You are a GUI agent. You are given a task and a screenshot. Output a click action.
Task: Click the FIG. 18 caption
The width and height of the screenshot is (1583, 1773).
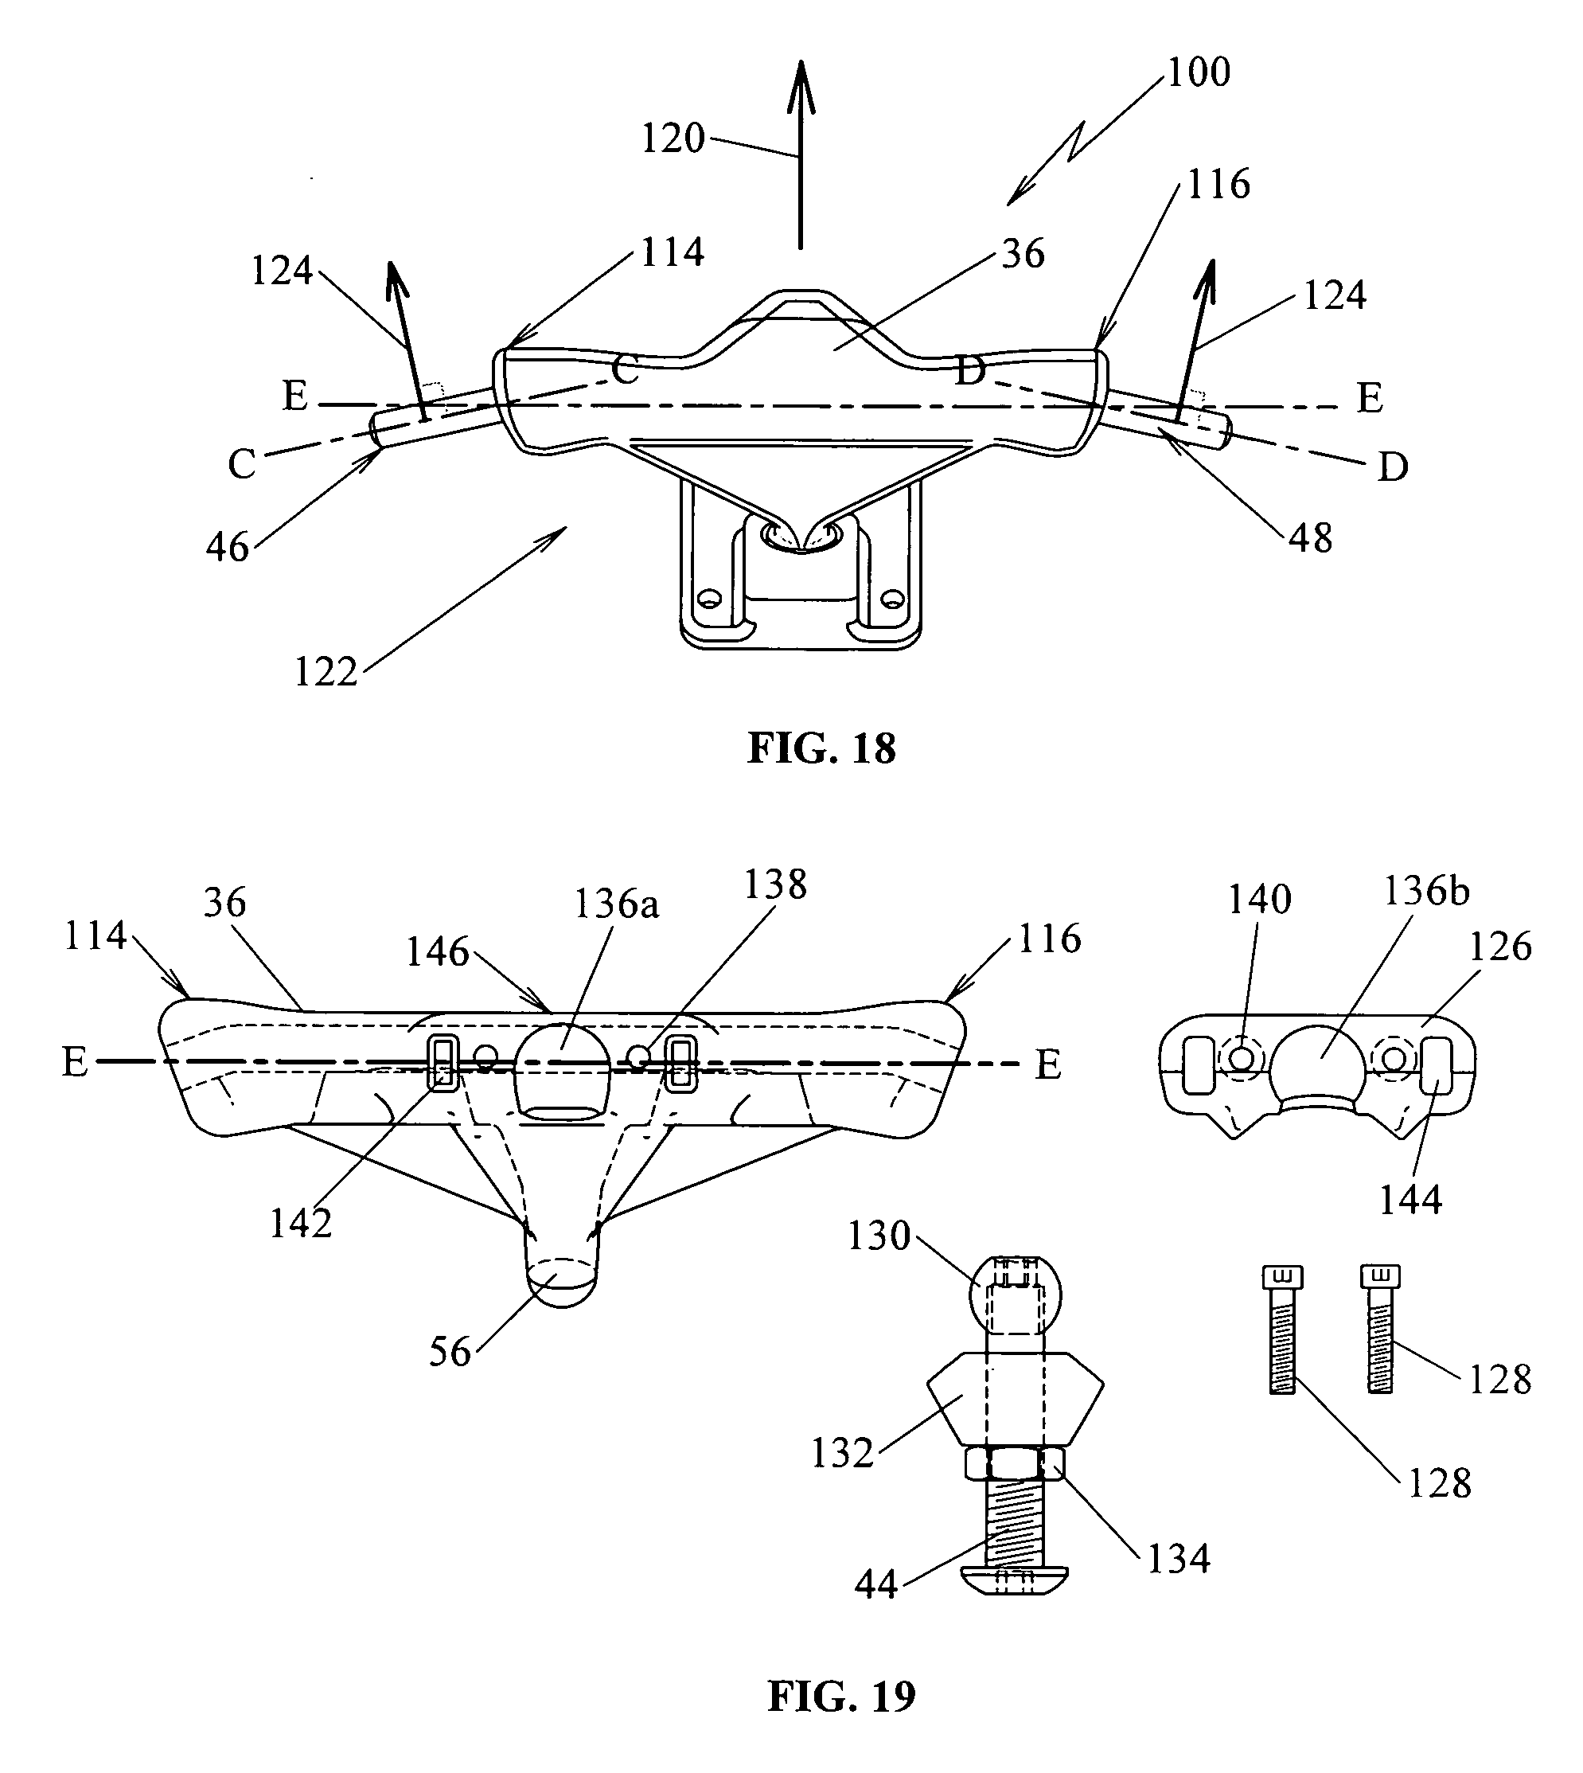(x=821, y=749)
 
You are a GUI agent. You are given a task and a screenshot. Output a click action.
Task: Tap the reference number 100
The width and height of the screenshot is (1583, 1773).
(x=1198, y=73)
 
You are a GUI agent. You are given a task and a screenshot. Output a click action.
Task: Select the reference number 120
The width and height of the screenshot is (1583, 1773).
(x=673, y=139)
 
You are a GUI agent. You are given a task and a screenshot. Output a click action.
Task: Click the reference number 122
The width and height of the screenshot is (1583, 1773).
(x=326, y=673)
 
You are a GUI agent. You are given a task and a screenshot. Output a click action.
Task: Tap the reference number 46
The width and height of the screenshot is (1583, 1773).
(x=228, y=548)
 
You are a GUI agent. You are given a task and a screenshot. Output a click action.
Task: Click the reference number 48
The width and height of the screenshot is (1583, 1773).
(x=1311, y=538)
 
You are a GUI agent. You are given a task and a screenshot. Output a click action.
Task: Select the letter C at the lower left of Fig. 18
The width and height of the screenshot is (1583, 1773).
(x=242, y=466)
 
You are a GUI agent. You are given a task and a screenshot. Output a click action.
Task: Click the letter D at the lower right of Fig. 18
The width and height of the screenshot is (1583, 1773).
(x=1393, y=468)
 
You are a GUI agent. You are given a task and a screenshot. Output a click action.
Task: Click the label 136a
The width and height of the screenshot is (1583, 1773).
(x=616, y=904)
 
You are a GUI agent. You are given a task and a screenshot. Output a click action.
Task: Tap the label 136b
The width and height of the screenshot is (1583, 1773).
(x=1426, y=892)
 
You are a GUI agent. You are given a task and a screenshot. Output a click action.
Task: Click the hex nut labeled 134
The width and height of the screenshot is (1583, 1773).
(x=1015, y=1465)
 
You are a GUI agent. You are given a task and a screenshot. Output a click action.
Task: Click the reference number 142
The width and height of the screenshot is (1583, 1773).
(x=300, y=1224)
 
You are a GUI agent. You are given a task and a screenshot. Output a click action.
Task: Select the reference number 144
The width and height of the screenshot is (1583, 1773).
(x=1410, y=1200)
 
